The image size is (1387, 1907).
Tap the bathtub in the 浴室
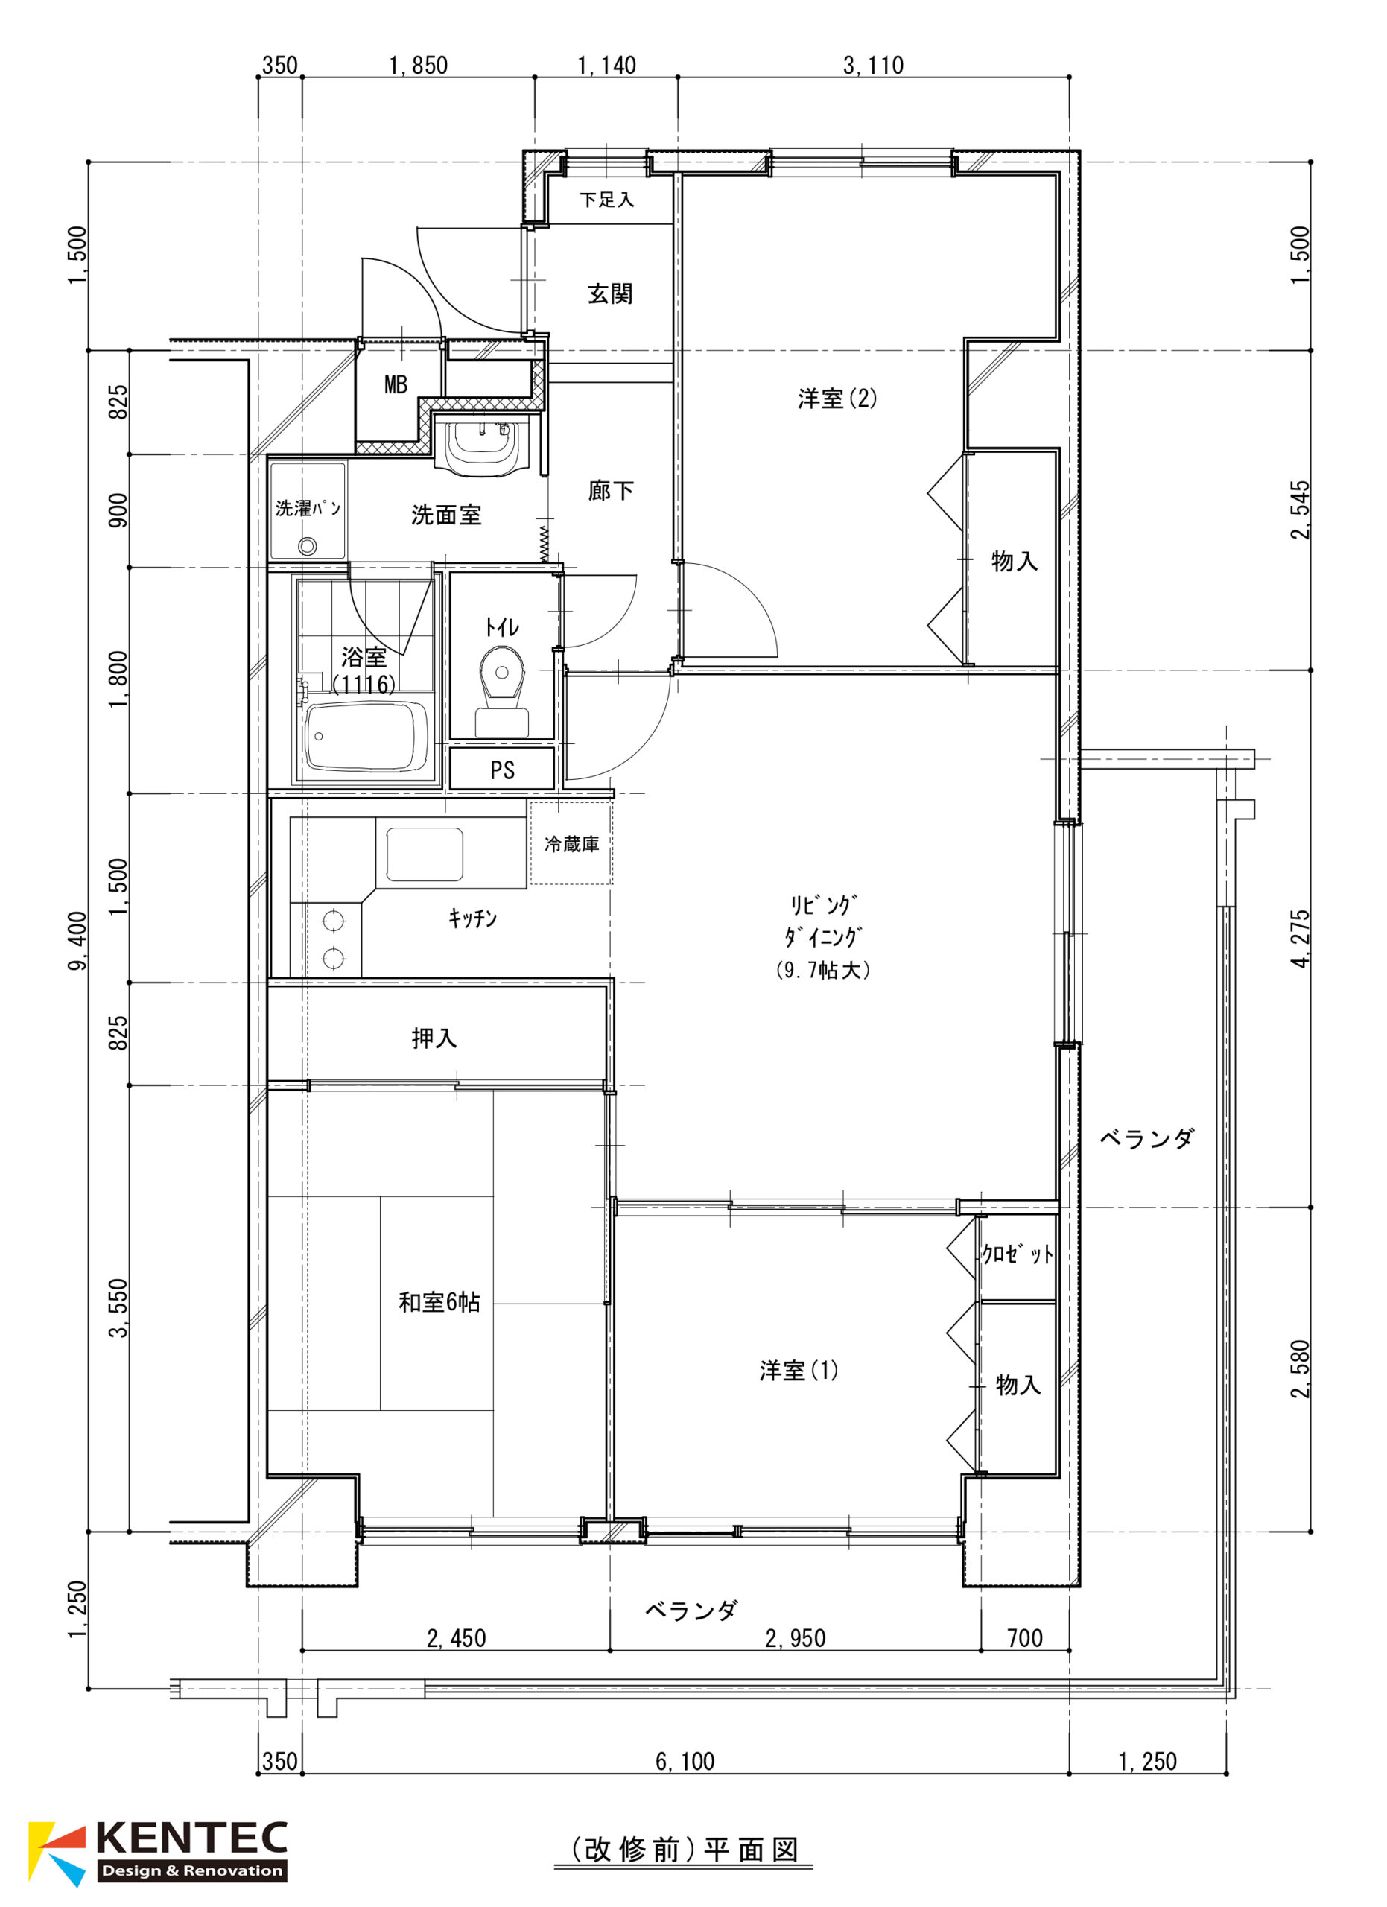pyautogui.click(x=366, y=737)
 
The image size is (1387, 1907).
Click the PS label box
pyautogui.click(x=502, y=770)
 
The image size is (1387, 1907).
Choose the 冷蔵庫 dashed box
pyautogui.click(x=571, y=843)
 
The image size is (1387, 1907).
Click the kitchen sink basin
pyautogui.click(x=425, y=854)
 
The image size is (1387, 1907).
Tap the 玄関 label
pyautogui.click(x=609, y=294)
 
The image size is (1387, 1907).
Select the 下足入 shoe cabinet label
pyautogui.click(x=607, y=200)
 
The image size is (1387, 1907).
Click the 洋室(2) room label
pyautogui.click(x=837, y=399)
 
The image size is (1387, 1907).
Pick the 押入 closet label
pyautogui.click(x=434, y=1038)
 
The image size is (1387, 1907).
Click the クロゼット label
pyautogui.click(x=1017, y=1254)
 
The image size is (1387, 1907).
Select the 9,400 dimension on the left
pyautogui.click(x=77, y=940)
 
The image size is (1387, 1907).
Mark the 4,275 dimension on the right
pyautogui.click(x=1300, y=939)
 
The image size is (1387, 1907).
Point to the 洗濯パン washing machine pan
pyautogui.click(x=308, y=510)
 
